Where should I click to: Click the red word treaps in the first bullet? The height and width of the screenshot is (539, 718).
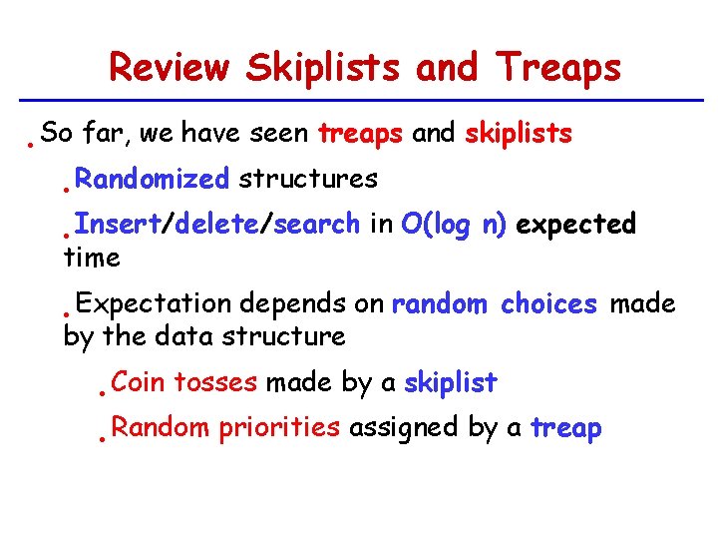click(x=360, y=134)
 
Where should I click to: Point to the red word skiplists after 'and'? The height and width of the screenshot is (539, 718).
click(x=518, y=134)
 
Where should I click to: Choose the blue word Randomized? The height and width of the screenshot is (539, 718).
click(x=152, y=180)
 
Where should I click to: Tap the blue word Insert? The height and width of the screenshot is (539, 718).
click(x=118, y=225)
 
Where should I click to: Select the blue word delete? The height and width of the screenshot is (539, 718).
click(x=216, y=225)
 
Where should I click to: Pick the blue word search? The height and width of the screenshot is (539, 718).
click(x=316, y=225)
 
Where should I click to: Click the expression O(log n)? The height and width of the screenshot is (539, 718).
click(x=454, y=225)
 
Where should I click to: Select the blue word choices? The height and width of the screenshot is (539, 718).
click(x=548, y=304)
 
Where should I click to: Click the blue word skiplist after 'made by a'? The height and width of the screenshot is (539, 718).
click(x=450, y=382)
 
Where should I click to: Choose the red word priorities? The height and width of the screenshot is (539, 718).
click(x=279, y=428)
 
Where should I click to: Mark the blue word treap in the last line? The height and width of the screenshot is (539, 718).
click(x=565, y=428)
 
